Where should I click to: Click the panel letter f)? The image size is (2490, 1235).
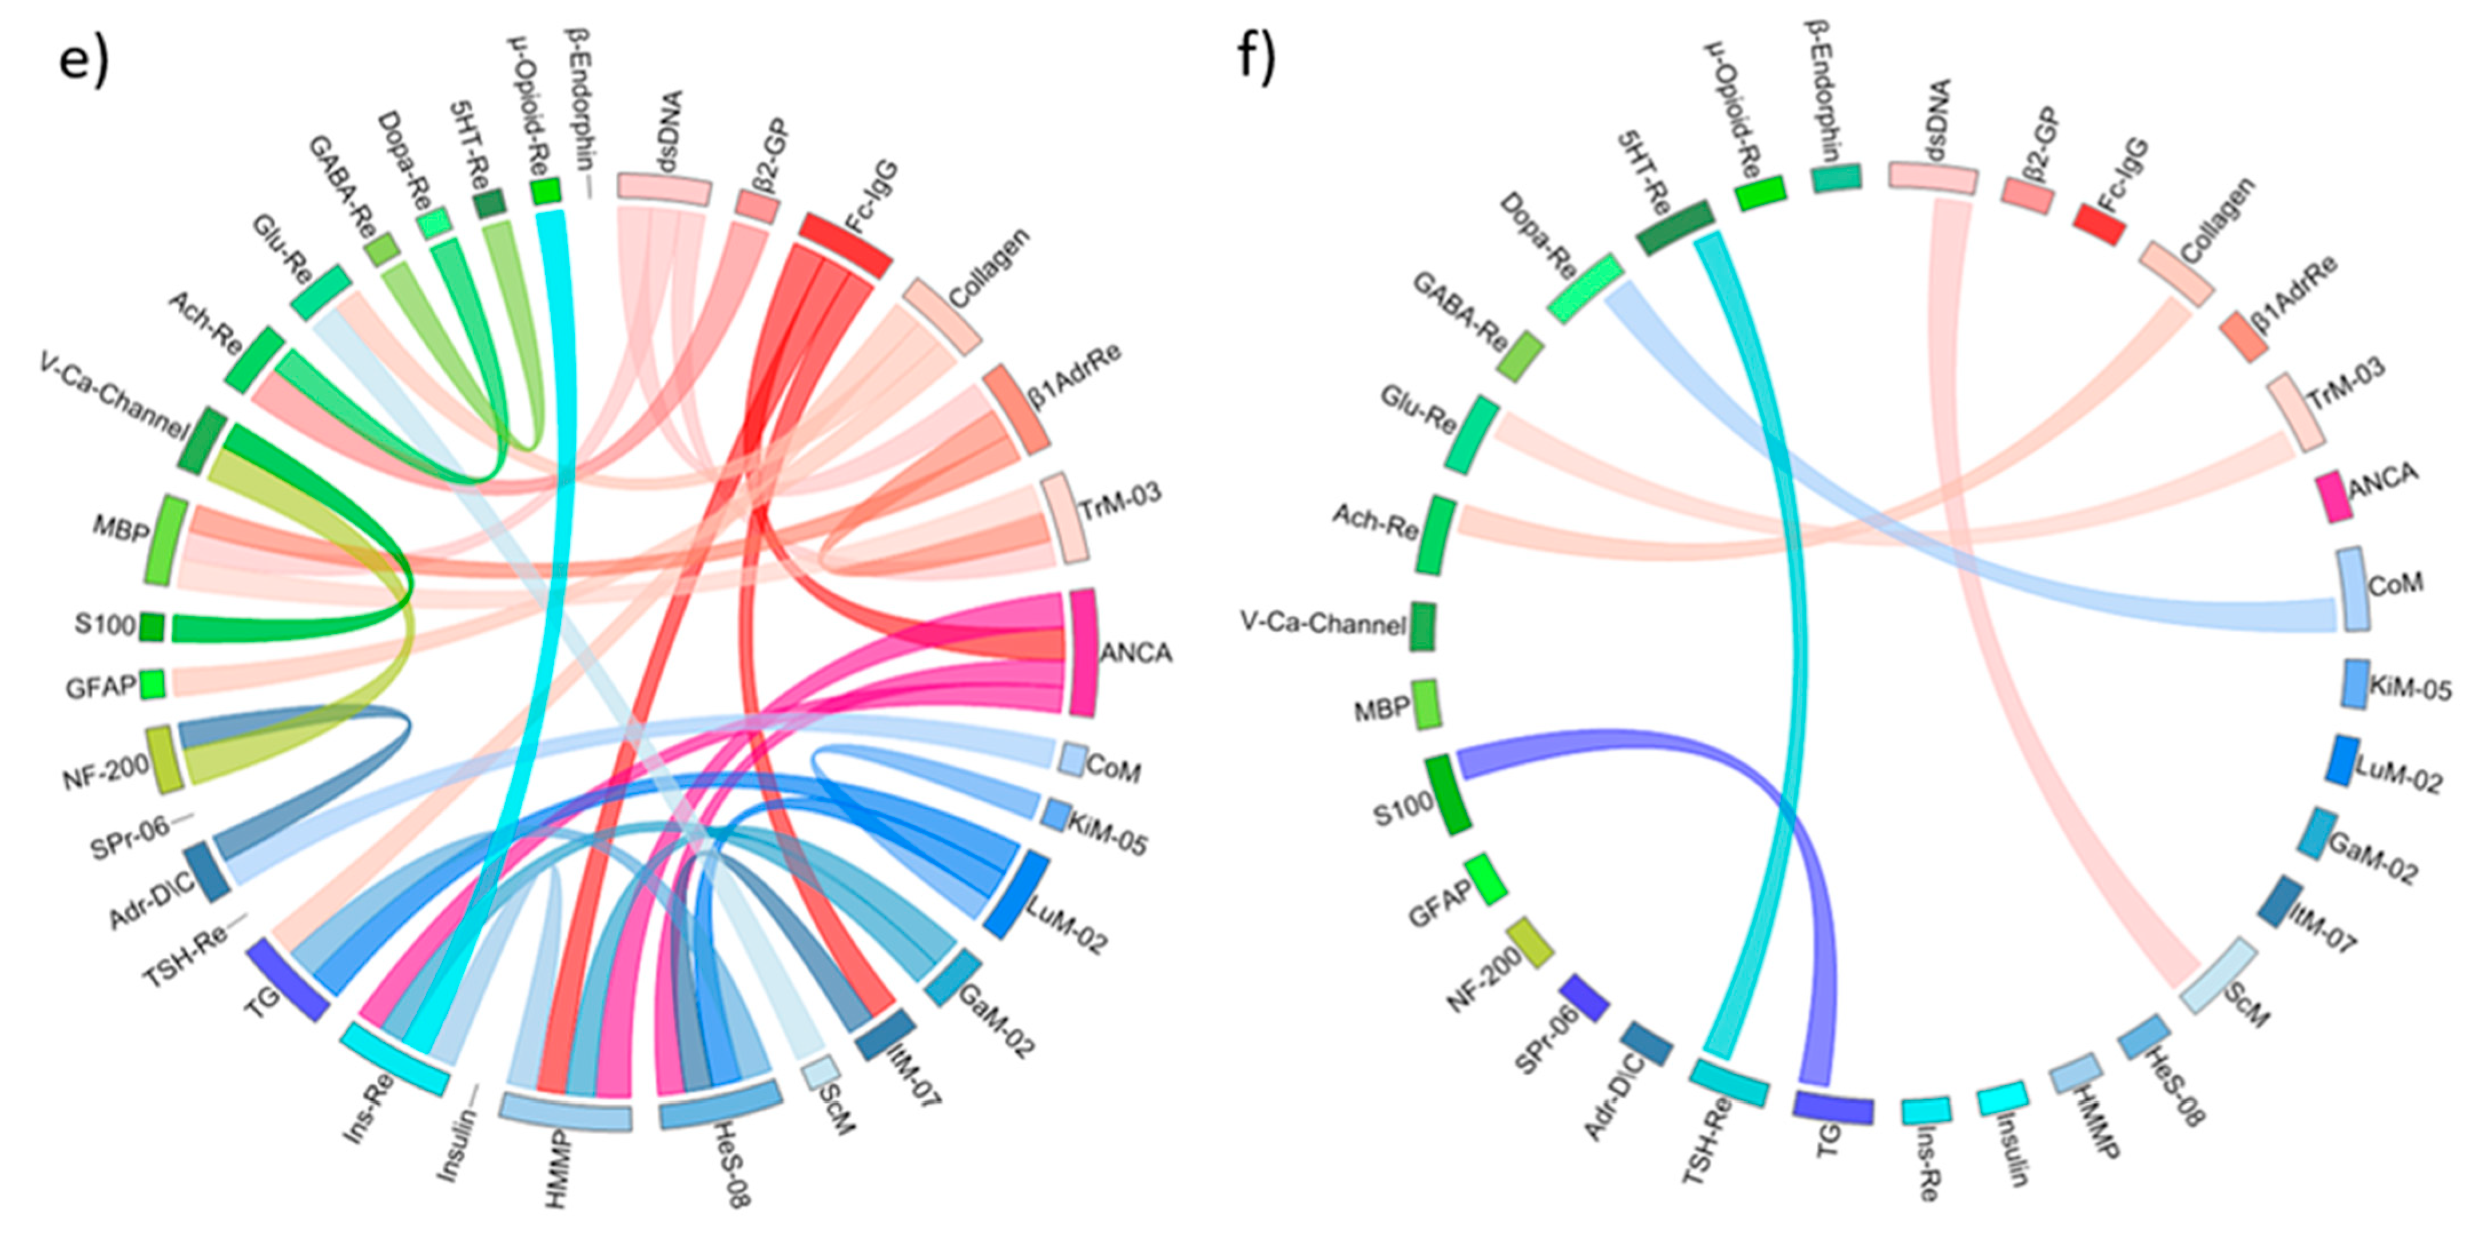coord(1256,60)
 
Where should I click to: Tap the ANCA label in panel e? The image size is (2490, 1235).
coord(1136,654)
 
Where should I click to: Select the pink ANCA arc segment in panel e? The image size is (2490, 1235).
coord(1083,652)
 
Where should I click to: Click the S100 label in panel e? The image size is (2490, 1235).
coord(105,626)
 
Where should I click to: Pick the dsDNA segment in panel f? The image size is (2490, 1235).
coord(1933,177)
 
